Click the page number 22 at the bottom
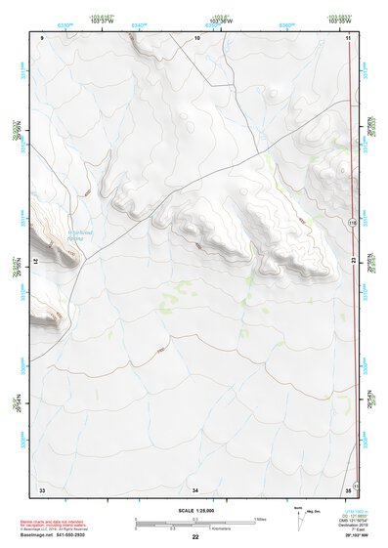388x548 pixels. [x=195, y=537]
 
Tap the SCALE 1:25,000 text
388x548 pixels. [x=195, y=509]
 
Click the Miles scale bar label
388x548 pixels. [x=260, y=519]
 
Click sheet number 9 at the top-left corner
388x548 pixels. [x=43, y=37]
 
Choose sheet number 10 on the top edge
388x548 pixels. [x=196, y=37]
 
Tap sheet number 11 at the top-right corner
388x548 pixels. [x=348, y=37]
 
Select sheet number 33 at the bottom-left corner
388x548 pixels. [x=42, y=488]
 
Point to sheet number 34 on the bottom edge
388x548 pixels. [x=195, y=488]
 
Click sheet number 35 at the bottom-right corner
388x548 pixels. [x=348, y=488]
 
